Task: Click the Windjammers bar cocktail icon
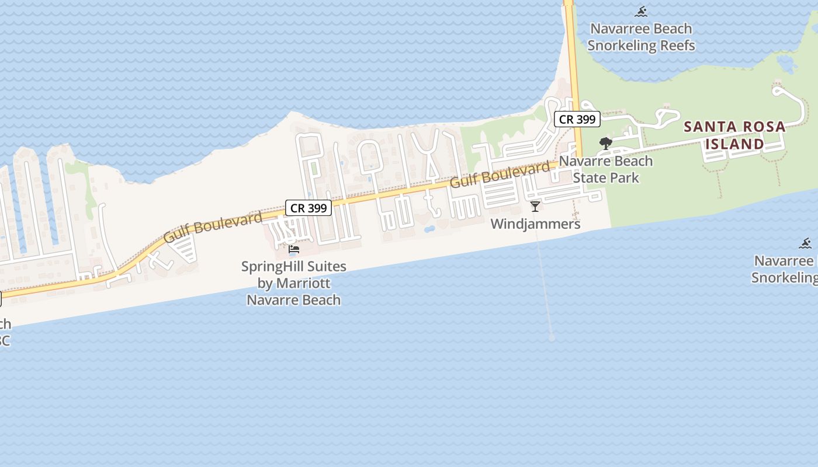coord(535,206)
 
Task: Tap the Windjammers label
coord(535,224)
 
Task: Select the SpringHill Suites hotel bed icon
coord(294,250)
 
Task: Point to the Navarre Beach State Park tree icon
coord(606,143)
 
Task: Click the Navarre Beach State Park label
coord(606,169)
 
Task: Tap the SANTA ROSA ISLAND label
coord(734,135)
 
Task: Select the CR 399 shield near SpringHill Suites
coord(309,208)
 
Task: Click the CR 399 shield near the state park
coord(577,120)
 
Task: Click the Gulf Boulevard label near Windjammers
coord(500,175)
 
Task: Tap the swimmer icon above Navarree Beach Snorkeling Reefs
coord(642,12)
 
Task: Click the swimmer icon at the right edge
coord(805,243)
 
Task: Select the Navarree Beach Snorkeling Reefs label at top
coord(641,37)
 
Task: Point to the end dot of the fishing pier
coord(552,337)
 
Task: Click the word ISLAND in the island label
coord(734,144)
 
